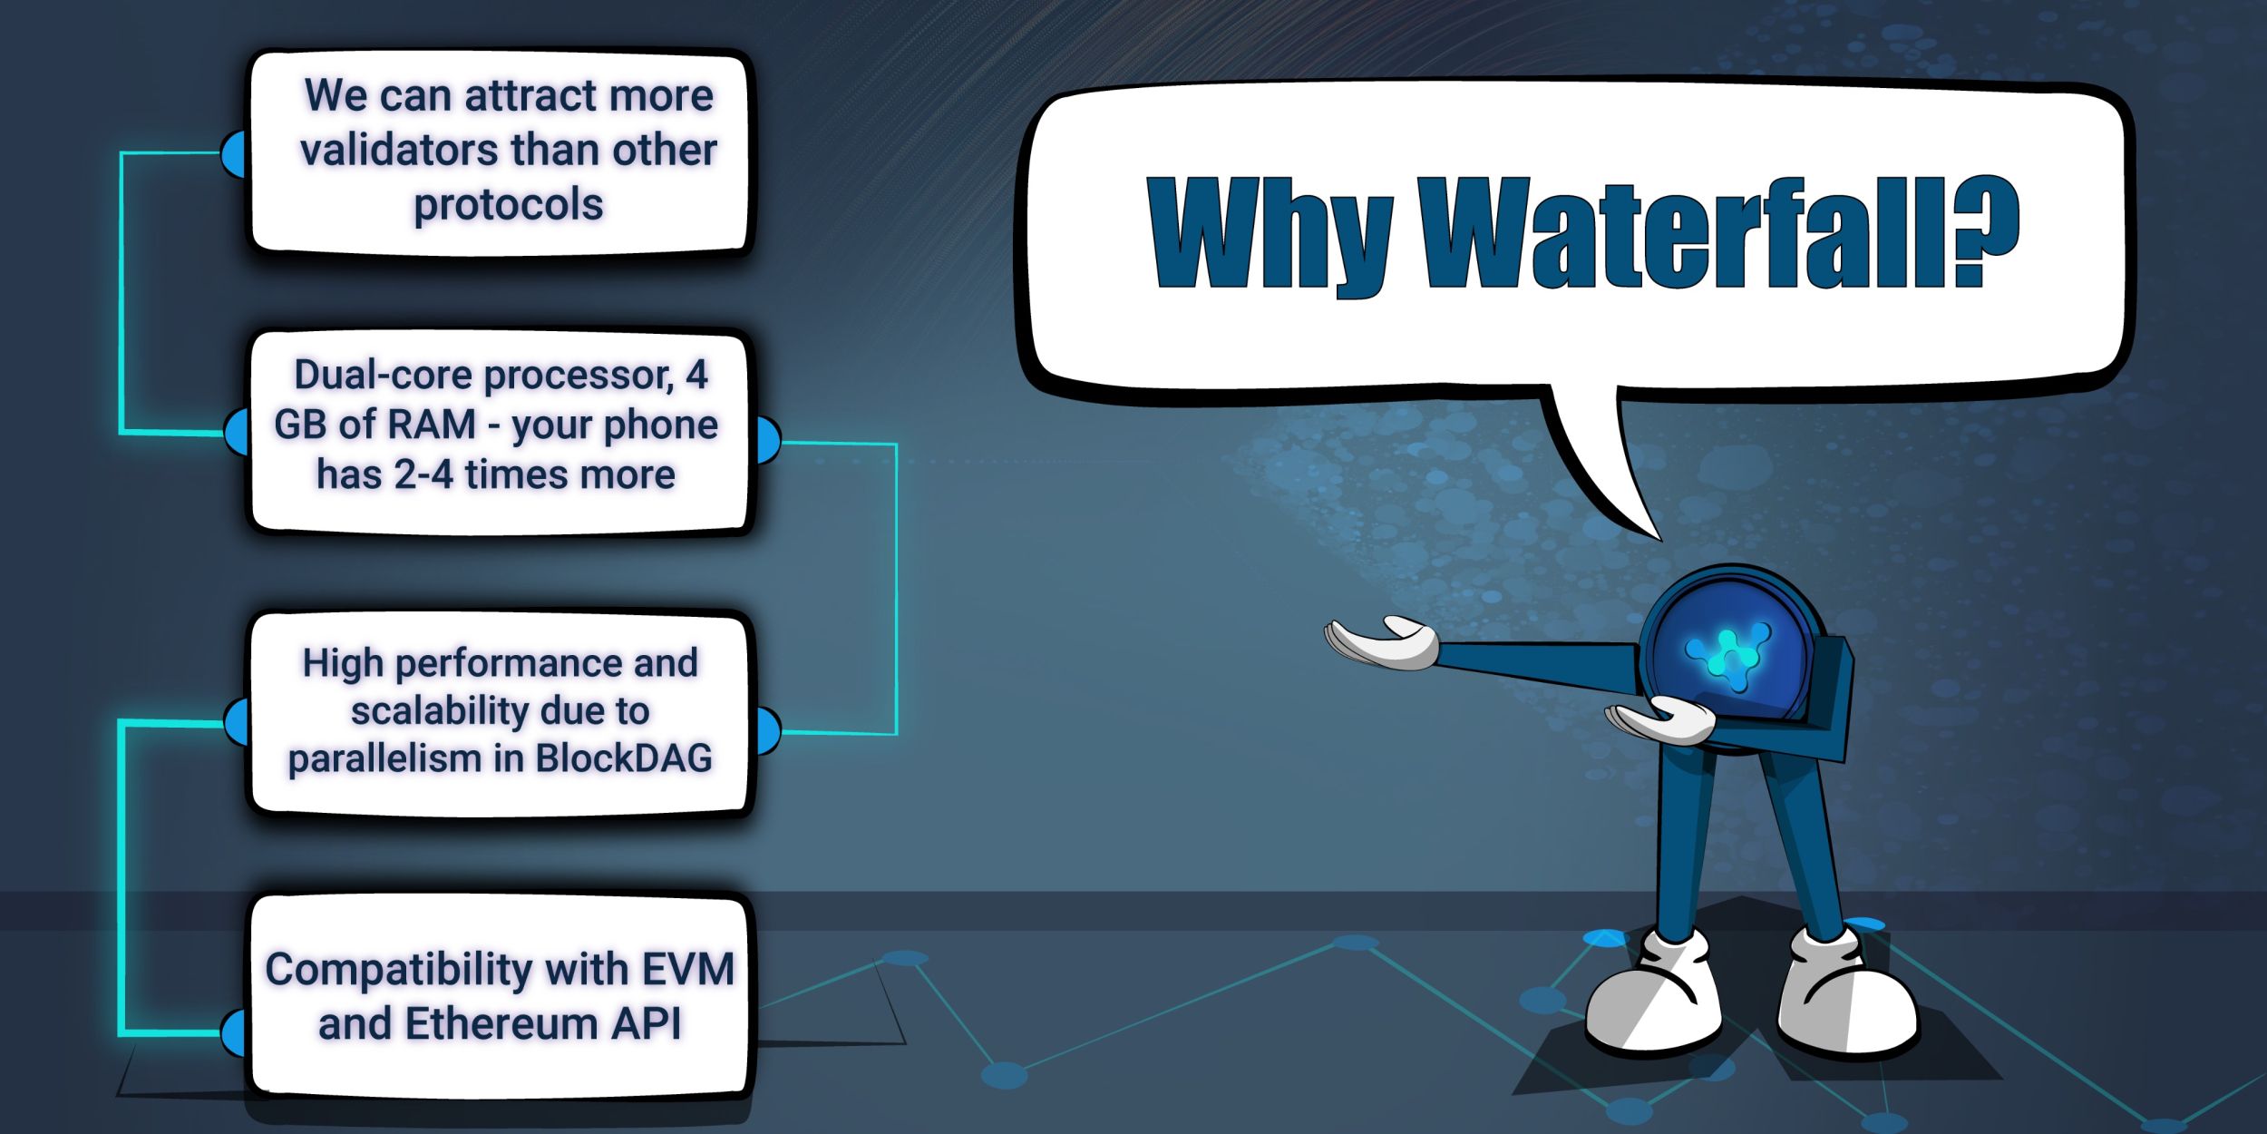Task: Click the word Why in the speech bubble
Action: [x=1270, y=234]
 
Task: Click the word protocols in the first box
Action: [x=508, y=205]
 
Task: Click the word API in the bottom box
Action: [x=646, y=1024]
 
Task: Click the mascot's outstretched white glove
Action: [x=1383, y=642]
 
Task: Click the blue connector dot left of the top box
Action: [x=234, y=153]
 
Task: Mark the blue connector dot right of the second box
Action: [x=767, y=441]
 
